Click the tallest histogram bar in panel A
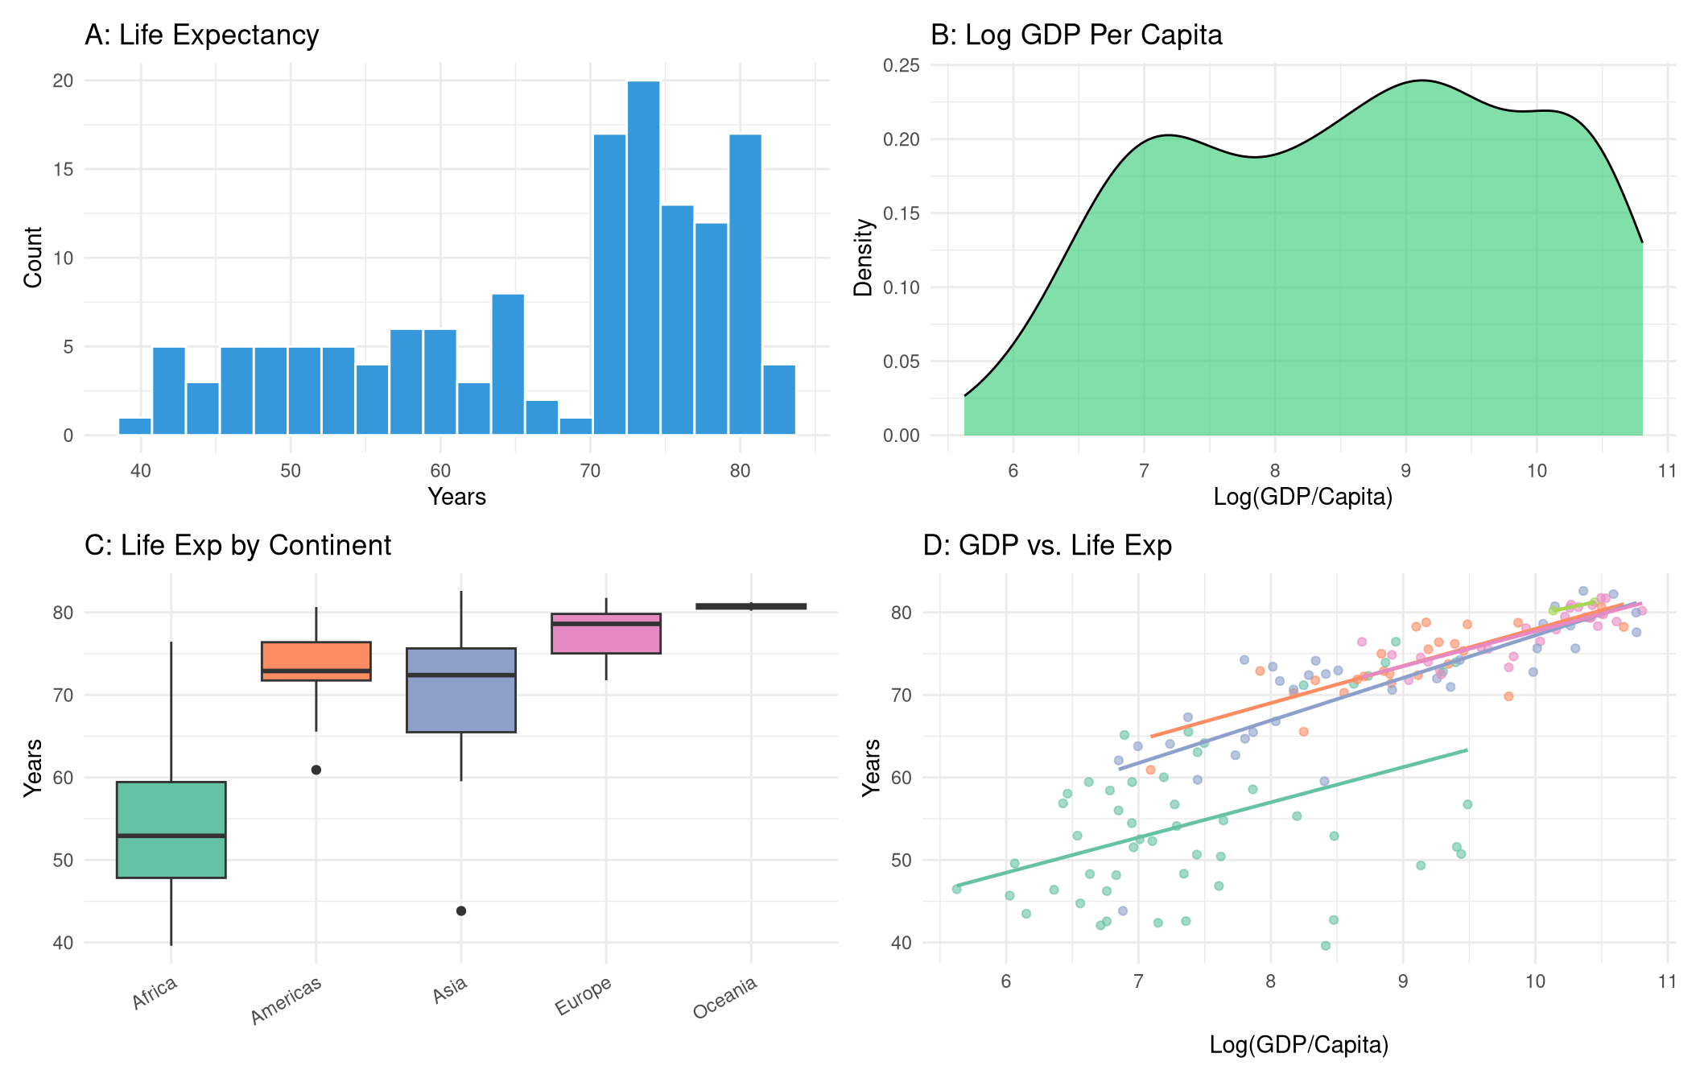[643, 258]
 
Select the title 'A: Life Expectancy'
[202, 35]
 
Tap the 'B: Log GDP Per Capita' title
[1076, 35]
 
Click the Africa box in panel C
[171, 829]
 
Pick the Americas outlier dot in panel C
[316, 770]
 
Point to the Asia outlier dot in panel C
[461, 911]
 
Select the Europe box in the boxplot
[606, 634]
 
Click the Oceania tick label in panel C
[725, 997]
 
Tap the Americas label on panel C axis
[286, 1001]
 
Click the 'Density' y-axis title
[864, 258]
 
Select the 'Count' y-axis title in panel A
[33, 258]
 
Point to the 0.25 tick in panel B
[901, 65]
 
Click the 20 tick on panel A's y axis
[63, 81]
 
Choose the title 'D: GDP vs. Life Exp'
[1047, 546]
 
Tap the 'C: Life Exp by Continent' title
[238, 546]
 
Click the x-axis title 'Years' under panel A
[456, 497]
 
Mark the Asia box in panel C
[461, 690]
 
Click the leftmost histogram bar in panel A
[135, 427]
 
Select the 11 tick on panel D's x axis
[1667, 981]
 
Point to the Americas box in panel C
[316, 661]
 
